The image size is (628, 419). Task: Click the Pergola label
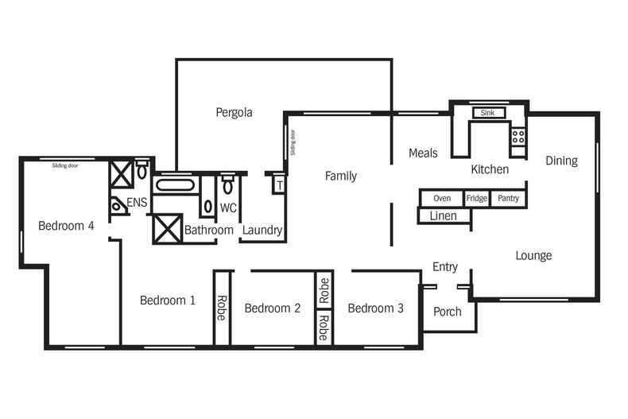(234, 112)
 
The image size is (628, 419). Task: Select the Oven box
(442, 199)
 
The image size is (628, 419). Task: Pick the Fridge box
(477, 199)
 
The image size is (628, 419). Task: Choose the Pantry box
(508, 199)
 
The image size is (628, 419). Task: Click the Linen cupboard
(443, 215)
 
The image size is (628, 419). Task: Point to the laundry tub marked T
(278, 184)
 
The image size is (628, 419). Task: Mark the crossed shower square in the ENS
(121, 173)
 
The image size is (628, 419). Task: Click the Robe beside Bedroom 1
(222, 308)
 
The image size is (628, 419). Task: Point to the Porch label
(447, 312)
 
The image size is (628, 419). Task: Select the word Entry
(445, 266)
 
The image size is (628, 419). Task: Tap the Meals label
(423, 153)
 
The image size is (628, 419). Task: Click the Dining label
(561, 161)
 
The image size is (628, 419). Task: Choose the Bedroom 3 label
(375, 308)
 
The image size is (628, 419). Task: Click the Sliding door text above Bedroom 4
(65, 166)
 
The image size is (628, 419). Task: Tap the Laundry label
(262, 230)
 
